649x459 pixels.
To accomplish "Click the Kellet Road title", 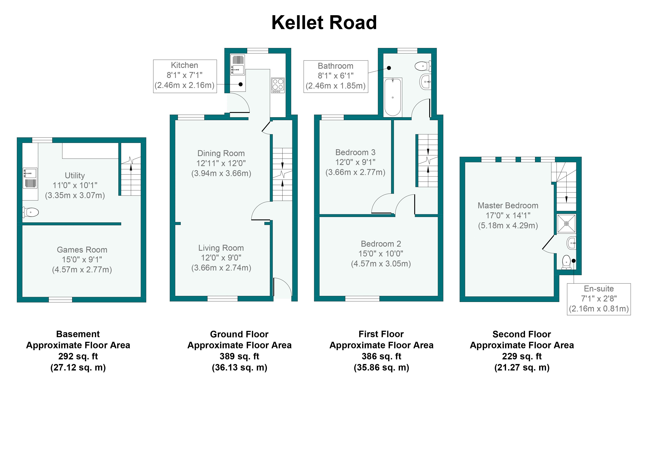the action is click(324, 23).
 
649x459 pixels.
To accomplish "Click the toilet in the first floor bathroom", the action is click(423, 66).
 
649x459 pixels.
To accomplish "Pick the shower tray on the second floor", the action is click(566, 224).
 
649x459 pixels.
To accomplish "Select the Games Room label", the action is click(82, 250).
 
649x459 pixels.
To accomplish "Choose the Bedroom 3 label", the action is click(355, 152).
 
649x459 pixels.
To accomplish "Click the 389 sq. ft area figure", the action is click(239, 356).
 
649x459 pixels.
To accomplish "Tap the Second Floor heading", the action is click(522, 334).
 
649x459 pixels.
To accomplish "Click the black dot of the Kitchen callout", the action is click(241, 84).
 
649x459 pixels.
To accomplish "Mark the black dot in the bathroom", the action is click(389, 68).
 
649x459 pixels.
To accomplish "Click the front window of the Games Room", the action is click(60, 300).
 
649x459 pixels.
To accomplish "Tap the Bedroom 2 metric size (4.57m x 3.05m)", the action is click(381, 264).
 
